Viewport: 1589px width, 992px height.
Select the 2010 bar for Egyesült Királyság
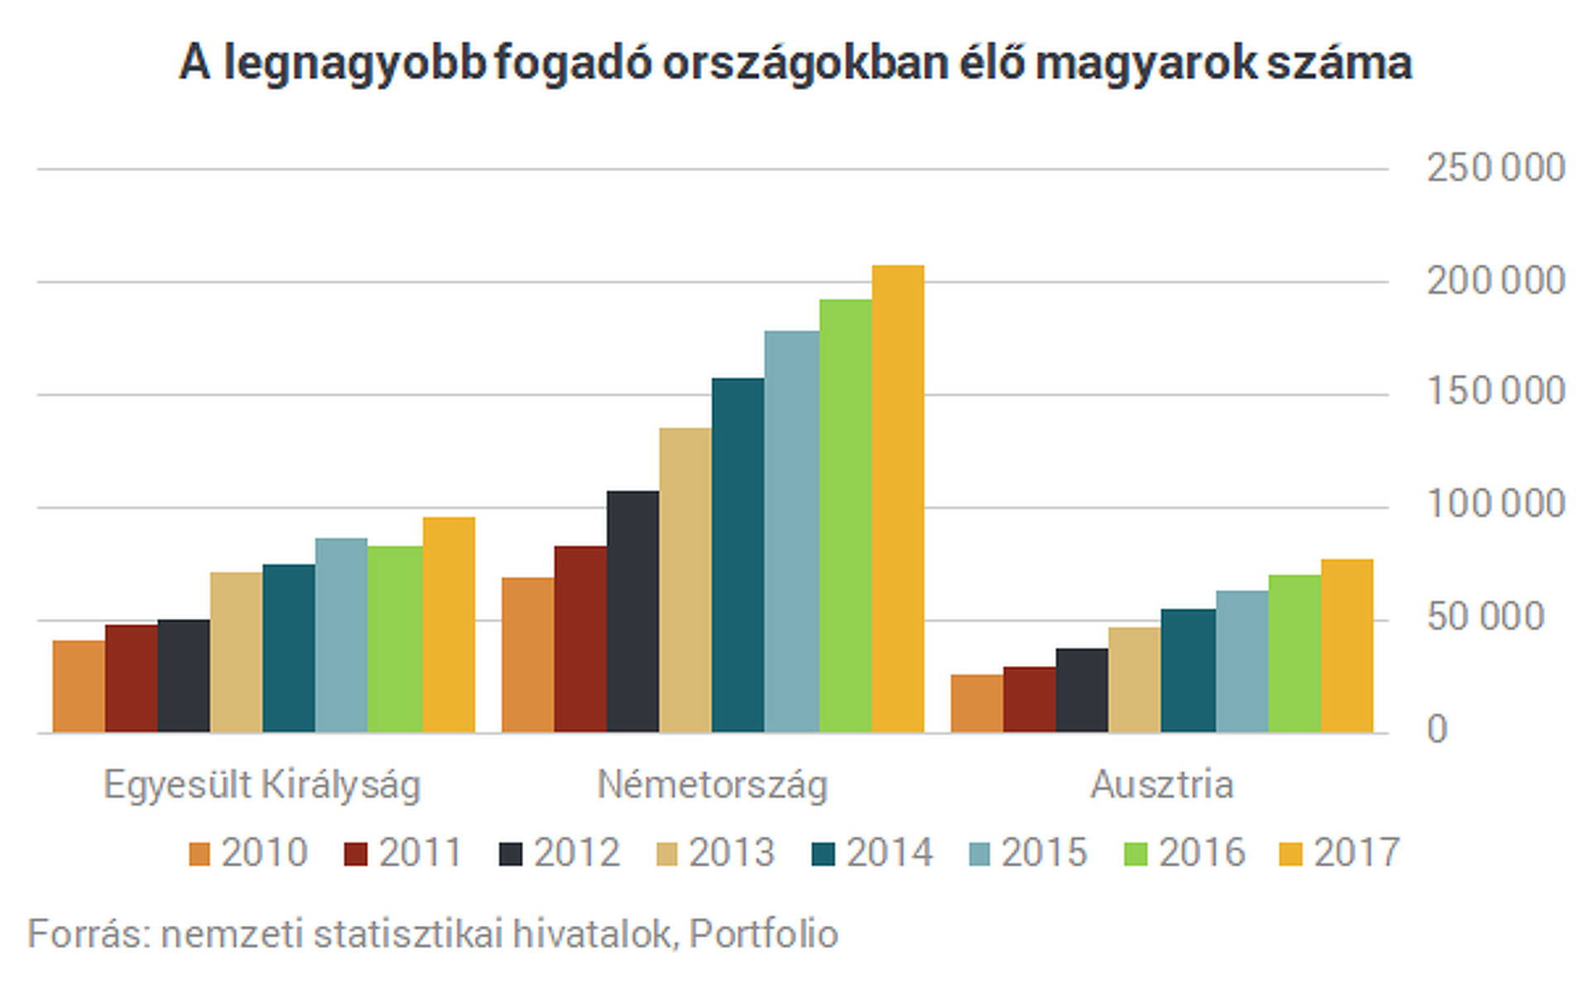pyautogui.click(x=79, y=687)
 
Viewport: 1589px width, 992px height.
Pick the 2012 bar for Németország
pyautogui.click(x=633, y=612)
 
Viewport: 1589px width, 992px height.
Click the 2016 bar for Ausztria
pyautogui.click(x=1294, y=654)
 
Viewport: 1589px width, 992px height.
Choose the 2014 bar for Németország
pyautogui.click(x=737, y=555)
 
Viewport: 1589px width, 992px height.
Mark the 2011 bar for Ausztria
pyautogui.click(x=1030, y=700)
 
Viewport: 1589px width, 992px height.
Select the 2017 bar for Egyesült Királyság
pyautogui.click(x=449, y=625)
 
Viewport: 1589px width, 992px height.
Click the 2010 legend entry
pyautogui.click(x=248, y=853)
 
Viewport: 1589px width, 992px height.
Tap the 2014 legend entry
pyautogui.click(x=873, y=853)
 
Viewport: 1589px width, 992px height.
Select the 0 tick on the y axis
pyautogui.click(x=1437, y=730)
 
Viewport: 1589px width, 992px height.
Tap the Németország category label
pyautogui.click(x=713, y=784)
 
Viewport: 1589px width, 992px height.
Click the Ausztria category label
pyautogui.click(x=1162, y=784)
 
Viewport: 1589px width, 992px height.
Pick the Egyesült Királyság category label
pyautogui.click(x=262, y=784)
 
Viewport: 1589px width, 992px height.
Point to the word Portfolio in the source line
pyautogui.click(x=763, y=934)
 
